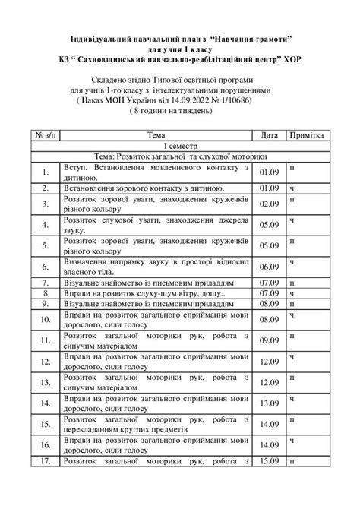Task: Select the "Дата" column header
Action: [269, 134]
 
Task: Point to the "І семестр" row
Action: [179, 145]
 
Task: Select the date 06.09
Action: [269, 267]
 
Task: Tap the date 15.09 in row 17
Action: [269, 482]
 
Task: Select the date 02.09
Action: [269, 204]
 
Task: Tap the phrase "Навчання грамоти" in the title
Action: [249, 37]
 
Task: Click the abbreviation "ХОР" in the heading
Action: [293, 58]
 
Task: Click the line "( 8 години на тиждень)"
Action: [179, 111]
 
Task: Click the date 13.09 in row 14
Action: [269, 403]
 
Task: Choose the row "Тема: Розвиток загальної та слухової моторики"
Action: [179, 156]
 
